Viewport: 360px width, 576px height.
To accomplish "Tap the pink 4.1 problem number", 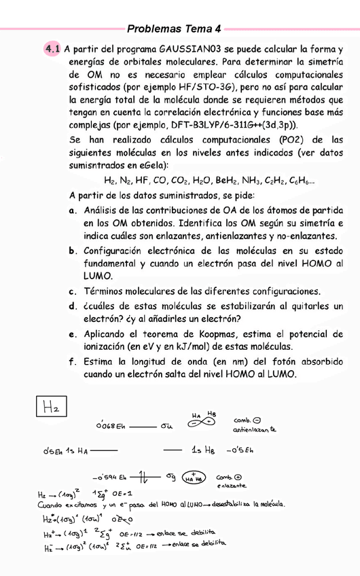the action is pos(52,49).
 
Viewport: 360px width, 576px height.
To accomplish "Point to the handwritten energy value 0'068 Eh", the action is pos(111,427).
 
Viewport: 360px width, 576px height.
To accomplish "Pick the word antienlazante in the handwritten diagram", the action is pos(254,430).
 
